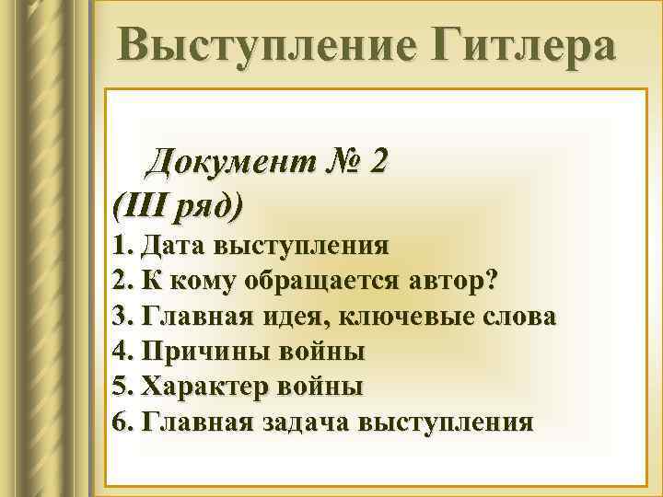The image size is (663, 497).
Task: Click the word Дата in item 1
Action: point(174,247)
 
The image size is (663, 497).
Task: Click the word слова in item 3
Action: point(517,317)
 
